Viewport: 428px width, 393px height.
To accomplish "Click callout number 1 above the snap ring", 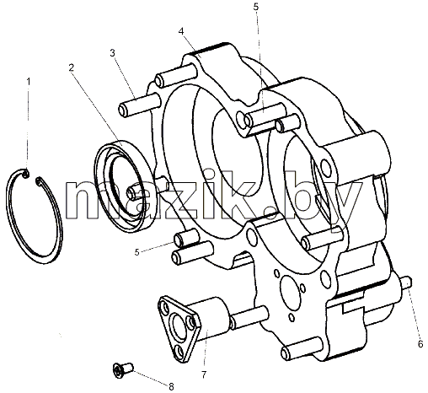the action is click(28, 82).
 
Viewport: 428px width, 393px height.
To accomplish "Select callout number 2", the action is click(72, 67).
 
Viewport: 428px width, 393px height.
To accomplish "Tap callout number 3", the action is click(113, 53).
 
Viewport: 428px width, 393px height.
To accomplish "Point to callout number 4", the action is click(181, 31).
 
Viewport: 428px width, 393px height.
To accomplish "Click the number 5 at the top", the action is click(255, 7).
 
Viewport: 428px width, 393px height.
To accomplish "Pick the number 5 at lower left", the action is click(136, 252).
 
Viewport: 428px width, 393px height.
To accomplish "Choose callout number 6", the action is click(420, 344).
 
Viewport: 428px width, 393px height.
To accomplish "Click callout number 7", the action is click(204, 374).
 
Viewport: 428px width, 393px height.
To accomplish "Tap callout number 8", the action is click(171, 386).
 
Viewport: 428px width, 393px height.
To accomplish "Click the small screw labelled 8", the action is click(123, 369).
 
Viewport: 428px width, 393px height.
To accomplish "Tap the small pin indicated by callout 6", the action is click(407, 282).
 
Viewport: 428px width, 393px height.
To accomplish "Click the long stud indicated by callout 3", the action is click(139, 104).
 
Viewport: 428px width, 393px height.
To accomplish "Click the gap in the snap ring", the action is click(32, 177).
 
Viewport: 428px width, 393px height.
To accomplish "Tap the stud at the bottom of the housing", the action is click(302, 348).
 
